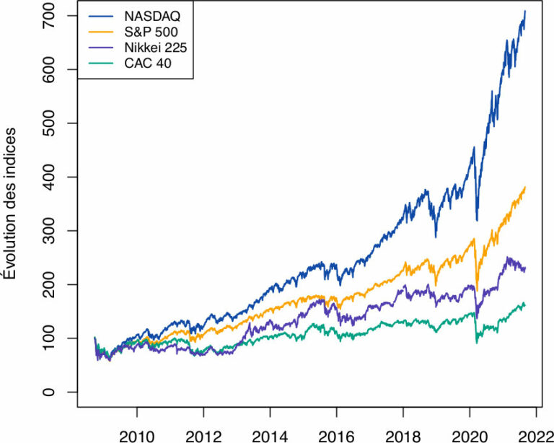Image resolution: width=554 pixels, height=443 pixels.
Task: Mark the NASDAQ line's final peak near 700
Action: pos(525,12)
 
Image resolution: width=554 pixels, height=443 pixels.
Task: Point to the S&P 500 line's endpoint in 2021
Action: pos(525,187)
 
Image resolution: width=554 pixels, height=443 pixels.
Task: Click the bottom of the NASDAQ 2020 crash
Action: pos(477,220)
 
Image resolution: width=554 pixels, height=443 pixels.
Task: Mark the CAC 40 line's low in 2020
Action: pos(477,342)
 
